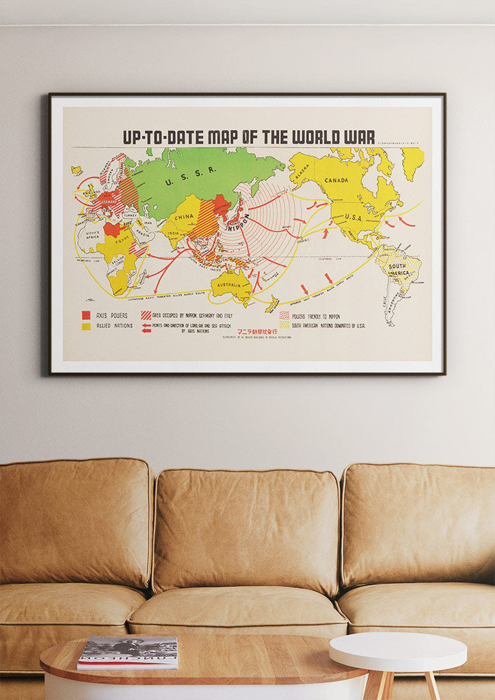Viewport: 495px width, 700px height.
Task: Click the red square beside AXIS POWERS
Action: click(86, 315)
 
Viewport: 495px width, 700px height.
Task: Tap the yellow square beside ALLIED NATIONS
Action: click(86, 326)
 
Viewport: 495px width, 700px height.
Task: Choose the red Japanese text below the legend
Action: click(257, 332)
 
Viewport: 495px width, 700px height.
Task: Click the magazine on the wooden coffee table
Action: click(128, 651)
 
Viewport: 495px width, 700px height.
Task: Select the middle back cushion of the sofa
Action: click(246, 530)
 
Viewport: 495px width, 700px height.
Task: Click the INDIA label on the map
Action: click(174, 232)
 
